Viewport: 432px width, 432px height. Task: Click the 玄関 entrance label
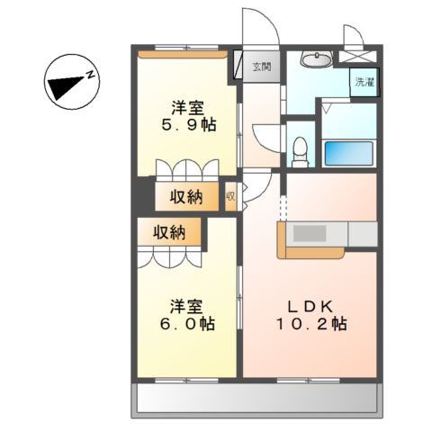click(262, 67)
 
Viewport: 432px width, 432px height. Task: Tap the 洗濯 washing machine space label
click(364, 82)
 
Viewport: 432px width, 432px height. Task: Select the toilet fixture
click(301, 152)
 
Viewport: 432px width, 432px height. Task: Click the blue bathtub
click(349, 153)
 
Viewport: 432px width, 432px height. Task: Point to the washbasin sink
click(316, 58)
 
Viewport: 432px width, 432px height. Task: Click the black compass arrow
click(65, 87)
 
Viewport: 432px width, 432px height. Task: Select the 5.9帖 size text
click(189, 125)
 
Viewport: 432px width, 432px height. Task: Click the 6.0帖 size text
click(187, 324)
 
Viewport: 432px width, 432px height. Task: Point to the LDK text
click(310, 307)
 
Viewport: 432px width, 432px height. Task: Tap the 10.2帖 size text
click(310, 324)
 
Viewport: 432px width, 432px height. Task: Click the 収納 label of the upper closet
click(186, 197)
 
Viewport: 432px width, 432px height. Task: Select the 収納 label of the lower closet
click(169, 232)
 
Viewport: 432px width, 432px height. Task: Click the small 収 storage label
click(230, 196)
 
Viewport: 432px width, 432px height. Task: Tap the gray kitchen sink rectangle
click(310, 233)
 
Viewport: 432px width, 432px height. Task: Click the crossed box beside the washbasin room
click(357, 57)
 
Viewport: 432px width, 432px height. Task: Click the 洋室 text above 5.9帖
click(188, 108)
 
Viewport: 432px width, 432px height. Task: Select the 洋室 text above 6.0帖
click(186, 306)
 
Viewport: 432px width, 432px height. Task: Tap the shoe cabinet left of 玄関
click(238, 65)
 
